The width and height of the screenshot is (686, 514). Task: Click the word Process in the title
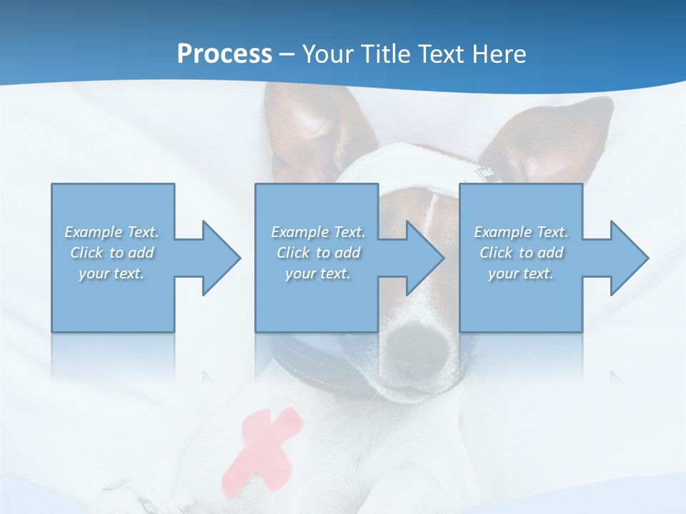point(224,54)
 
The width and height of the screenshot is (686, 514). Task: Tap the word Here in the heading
point(499,54)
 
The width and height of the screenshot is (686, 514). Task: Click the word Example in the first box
point(94,232)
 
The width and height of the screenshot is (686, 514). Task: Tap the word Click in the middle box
point(293,253)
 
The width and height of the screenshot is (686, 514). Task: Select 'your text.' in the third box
point(521,273)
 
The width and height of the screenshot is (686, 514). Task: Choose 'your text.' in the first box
point(111,273)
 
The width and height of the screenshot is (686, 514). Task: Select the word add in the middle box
point(347,253)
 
